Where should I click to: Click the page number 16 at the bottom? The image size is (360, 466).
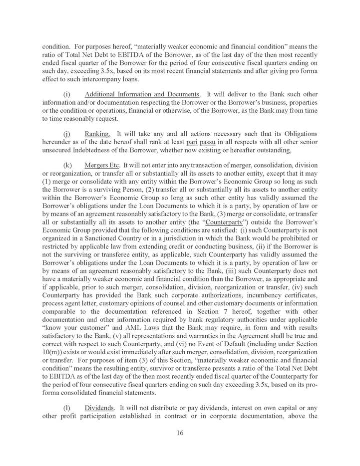(180, 433)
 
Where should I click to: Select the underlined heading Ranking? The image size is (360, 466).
(97, 134)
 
